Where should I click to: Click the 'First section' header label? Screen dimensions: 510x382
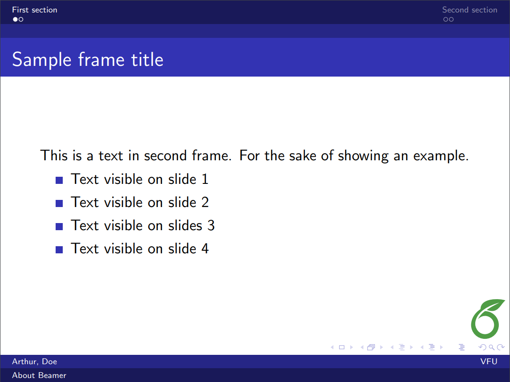pyautogui.click(x=34, y=10)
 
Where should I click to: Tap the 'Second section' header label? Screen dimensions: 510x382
pyautogui.click(x=470, y=10)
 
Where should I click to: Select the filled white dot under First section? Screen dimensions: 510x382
pyautogui.click(x=15, y=20)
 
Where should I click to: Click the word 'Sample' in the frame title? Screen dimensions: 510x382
pyautogui.click(x=42, y=60)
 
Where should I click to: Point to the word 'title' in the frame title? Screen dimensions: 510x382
pyautogui.click(x=147, y=60)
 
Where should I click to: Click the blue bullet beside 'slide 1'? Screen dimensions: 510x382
pyautogui.click(x=59, y=180)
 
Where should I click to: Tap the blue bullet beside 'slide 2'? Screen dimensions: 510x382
pyautogui.click(x=59, y=203)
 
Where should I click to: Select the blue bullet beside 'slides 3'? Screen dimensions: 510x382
pyautogui.click(x=59, y=227)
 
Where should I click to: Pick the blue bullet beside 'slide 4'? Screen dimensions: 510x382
pyautogui.click(x=59, y=250)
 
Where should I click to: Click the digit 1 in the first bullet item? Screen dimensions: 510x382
pyautogui.click(x=205, y=179)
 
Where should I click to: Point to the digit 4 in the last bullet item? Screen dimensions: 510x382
pyautogui.click(x=205, y=248)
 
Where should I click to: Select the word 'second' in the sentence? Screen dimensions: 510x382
pyautogui.click(x=165, y=155)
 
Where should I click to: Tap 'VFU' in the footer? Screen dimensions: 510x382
pyautogui.click(x=489, y=362)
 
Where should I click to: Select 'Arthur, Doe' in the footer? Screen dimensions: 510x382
pyautogui.click(x=34, y=362)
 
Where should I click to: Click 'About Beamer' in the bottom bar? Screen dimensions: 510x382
pyautogui.click(x=39, y=375)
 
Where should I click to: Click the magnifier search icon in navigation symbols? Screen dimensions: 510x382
pyautogui.click(x=491, y=348)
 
